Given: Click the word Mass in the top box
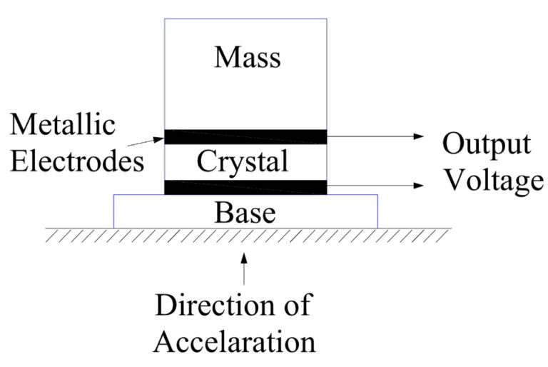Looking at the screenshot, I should coord(247,56).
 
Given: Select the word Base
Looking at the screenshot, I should coord(245,212).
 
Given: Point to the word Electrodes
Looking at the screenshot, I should coord(77,161).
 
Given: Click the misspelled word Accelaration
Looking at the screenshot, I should coord(235,341).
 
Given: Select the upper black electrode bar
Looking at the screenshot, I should coord(245,136).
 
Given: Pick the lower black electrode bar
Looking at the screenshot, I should coord(245,187).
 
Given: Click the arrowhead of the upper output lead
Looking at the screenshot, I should coord(420,135).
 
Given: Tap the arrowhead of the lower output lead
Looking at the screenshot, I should coord(420,186).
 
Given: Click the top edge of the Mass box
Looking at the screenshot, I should coord(245,19).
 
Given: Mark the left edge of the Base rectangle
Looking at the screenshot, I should coord(114,211).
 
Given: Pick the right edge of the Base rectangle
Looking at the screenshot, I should coord(377,211).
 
